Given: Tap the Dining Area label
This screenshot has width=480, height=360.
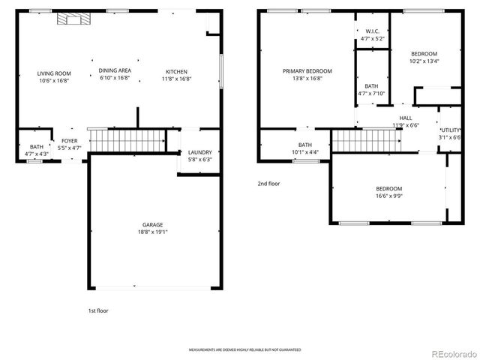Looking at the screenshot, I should click(x=115, y=70).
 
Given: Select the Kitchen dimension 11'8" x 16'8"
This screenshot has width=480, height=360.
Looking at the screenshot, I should click(x=177, y=79).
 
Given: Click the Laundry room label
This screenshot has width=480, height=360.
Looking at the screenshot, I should click(x=199, y=152).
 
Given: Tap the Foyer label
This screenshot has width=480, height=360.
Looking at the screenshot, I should click(x=69, y=141).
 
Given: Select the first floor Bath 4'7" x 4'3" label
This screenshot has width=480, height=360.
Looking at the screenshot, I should click(x=36, y=147).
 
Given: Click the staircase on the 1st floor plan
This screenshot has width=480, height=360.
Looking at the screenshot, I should click(x=126, y=139).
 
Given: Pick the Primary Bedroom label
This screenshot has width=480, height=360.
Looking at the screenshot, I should click(x=307, y=71).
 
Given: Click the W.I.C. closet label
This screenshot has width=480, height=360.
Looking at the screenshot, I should click(x=372, y=31).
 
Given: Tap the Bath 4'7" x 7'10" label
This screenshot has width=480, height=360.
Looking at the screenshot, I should click(x=372, y=86).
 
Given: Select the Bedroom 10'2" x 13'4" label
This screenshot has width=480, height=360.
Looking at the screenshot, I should click(x=424, y=55).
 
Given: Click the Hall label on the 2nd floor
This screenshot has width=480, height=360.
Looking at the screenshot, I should click(x=405, y=118).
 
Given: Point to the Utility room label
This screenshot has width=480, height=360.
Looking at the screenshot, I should click(x=450, y=130).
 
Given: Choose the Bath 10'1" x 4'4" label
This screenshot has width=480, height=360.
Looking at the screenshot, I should click(x=305, y=145).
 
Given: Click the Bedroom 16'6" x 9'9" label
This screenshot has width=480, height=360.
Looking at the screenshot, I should click(x=389, y=188).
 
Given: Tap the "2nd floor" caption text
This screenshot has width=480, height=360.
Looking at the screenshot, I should click(x=268, y=183).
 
